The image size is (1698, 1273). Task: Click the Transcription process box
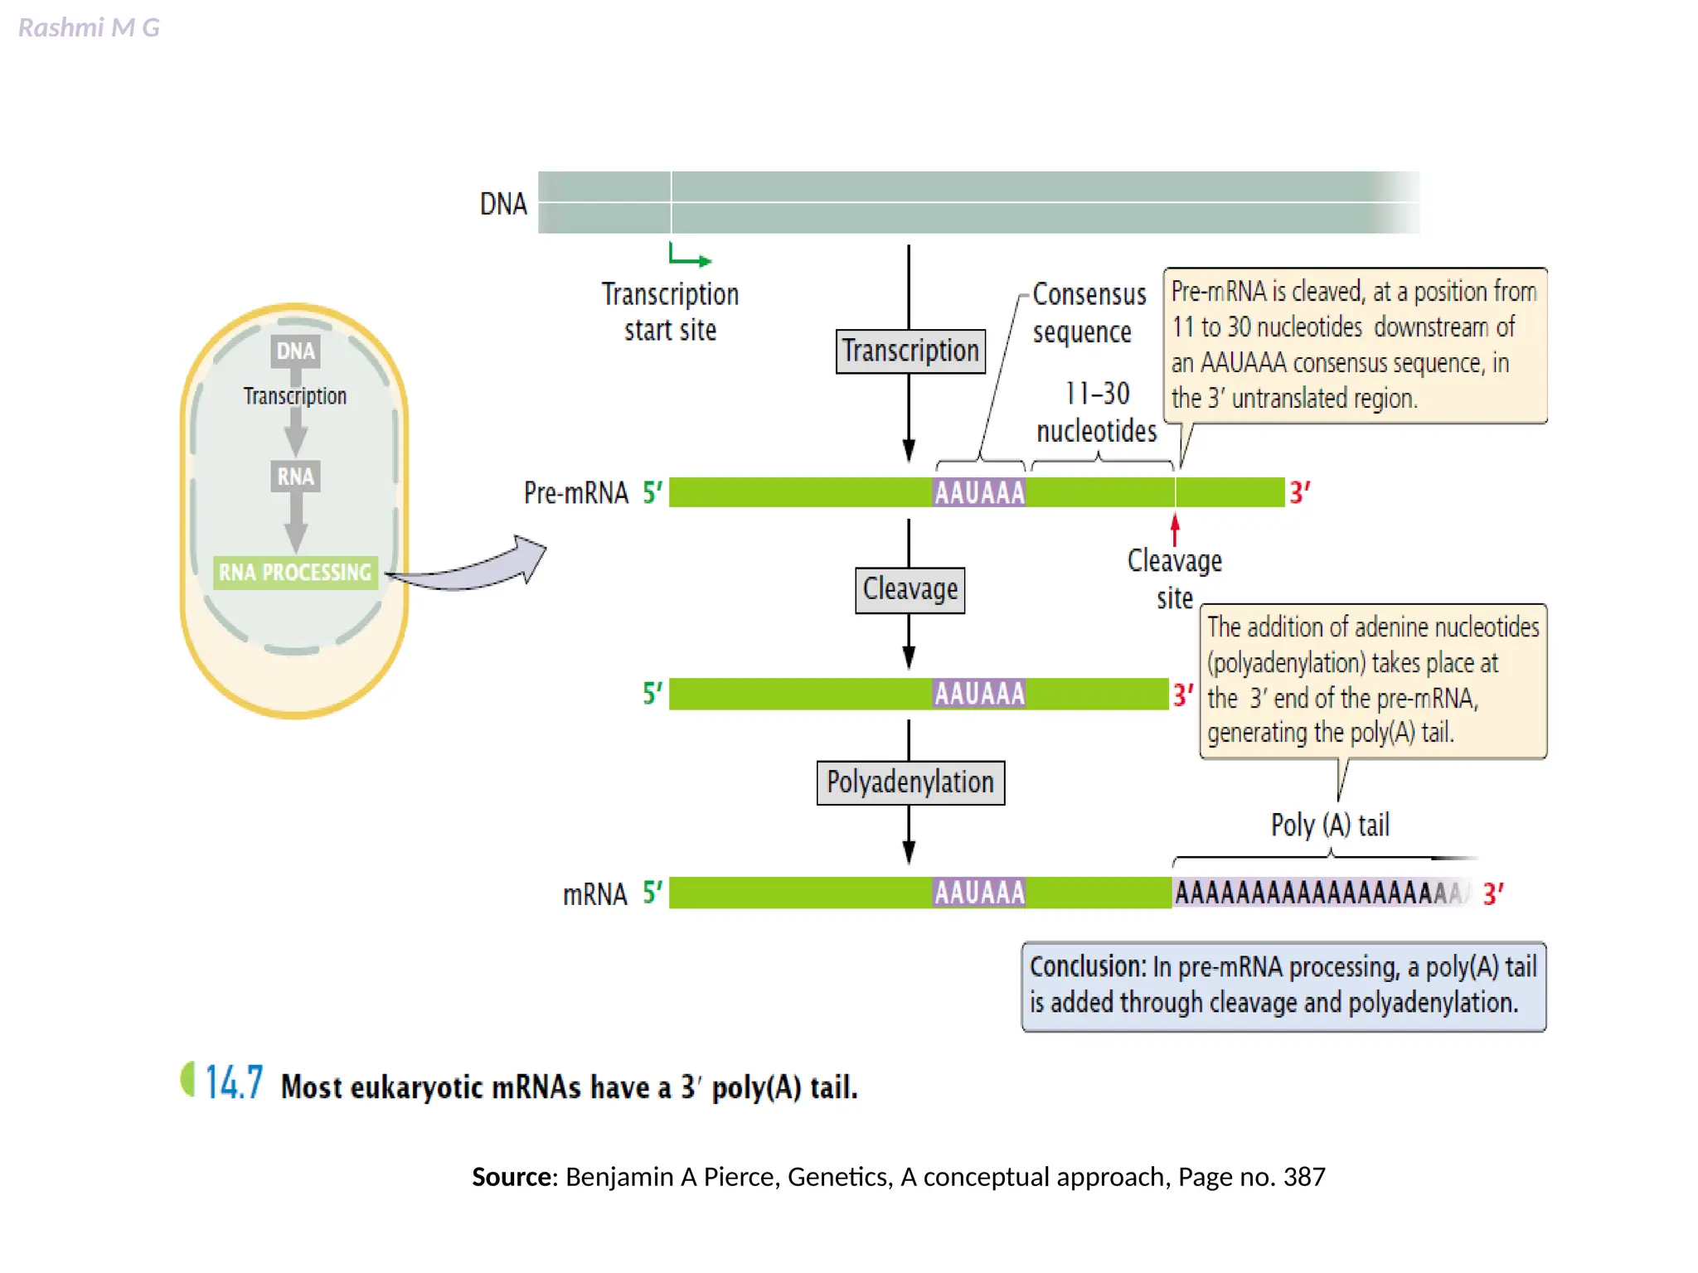pos(910,351)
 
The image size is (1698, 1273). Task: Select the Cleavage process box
pos(910,589)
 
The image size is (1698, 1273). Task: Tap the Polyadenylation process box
pos(910,782)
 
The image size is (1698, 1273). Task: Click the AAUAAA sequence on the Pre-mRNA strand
pos(979,493)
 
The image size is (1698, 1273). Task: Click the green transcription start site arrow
pos(689,255)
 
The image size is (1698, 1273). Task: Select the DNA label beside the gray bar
pos(503,204)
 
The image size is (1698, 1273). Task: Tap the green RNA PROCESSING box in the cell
pos(294,573)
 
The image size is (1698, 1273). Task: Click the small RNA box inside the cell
pos(295,477)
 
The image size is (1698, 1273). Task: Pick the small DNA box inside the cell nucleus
pos(295,351)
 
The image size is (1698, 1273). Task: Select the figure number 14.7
pos(234,1082)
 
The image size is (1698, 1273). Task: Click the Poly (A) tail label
pos(1329,825)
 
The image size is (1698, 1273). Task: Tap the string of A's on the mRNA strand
pos(1318,893)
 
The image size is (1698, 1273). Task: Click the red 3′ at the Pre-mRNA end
pos(1298,493)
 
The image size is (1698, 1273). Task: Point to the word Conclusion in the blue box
pos(1087,967)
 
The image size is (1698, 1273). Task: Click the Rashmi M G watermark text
pos(89,28)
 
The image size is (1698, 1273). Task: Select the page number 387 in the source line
pos(1303,1177)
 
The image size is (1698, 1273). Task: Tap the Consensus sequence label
pos(1088,313)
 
